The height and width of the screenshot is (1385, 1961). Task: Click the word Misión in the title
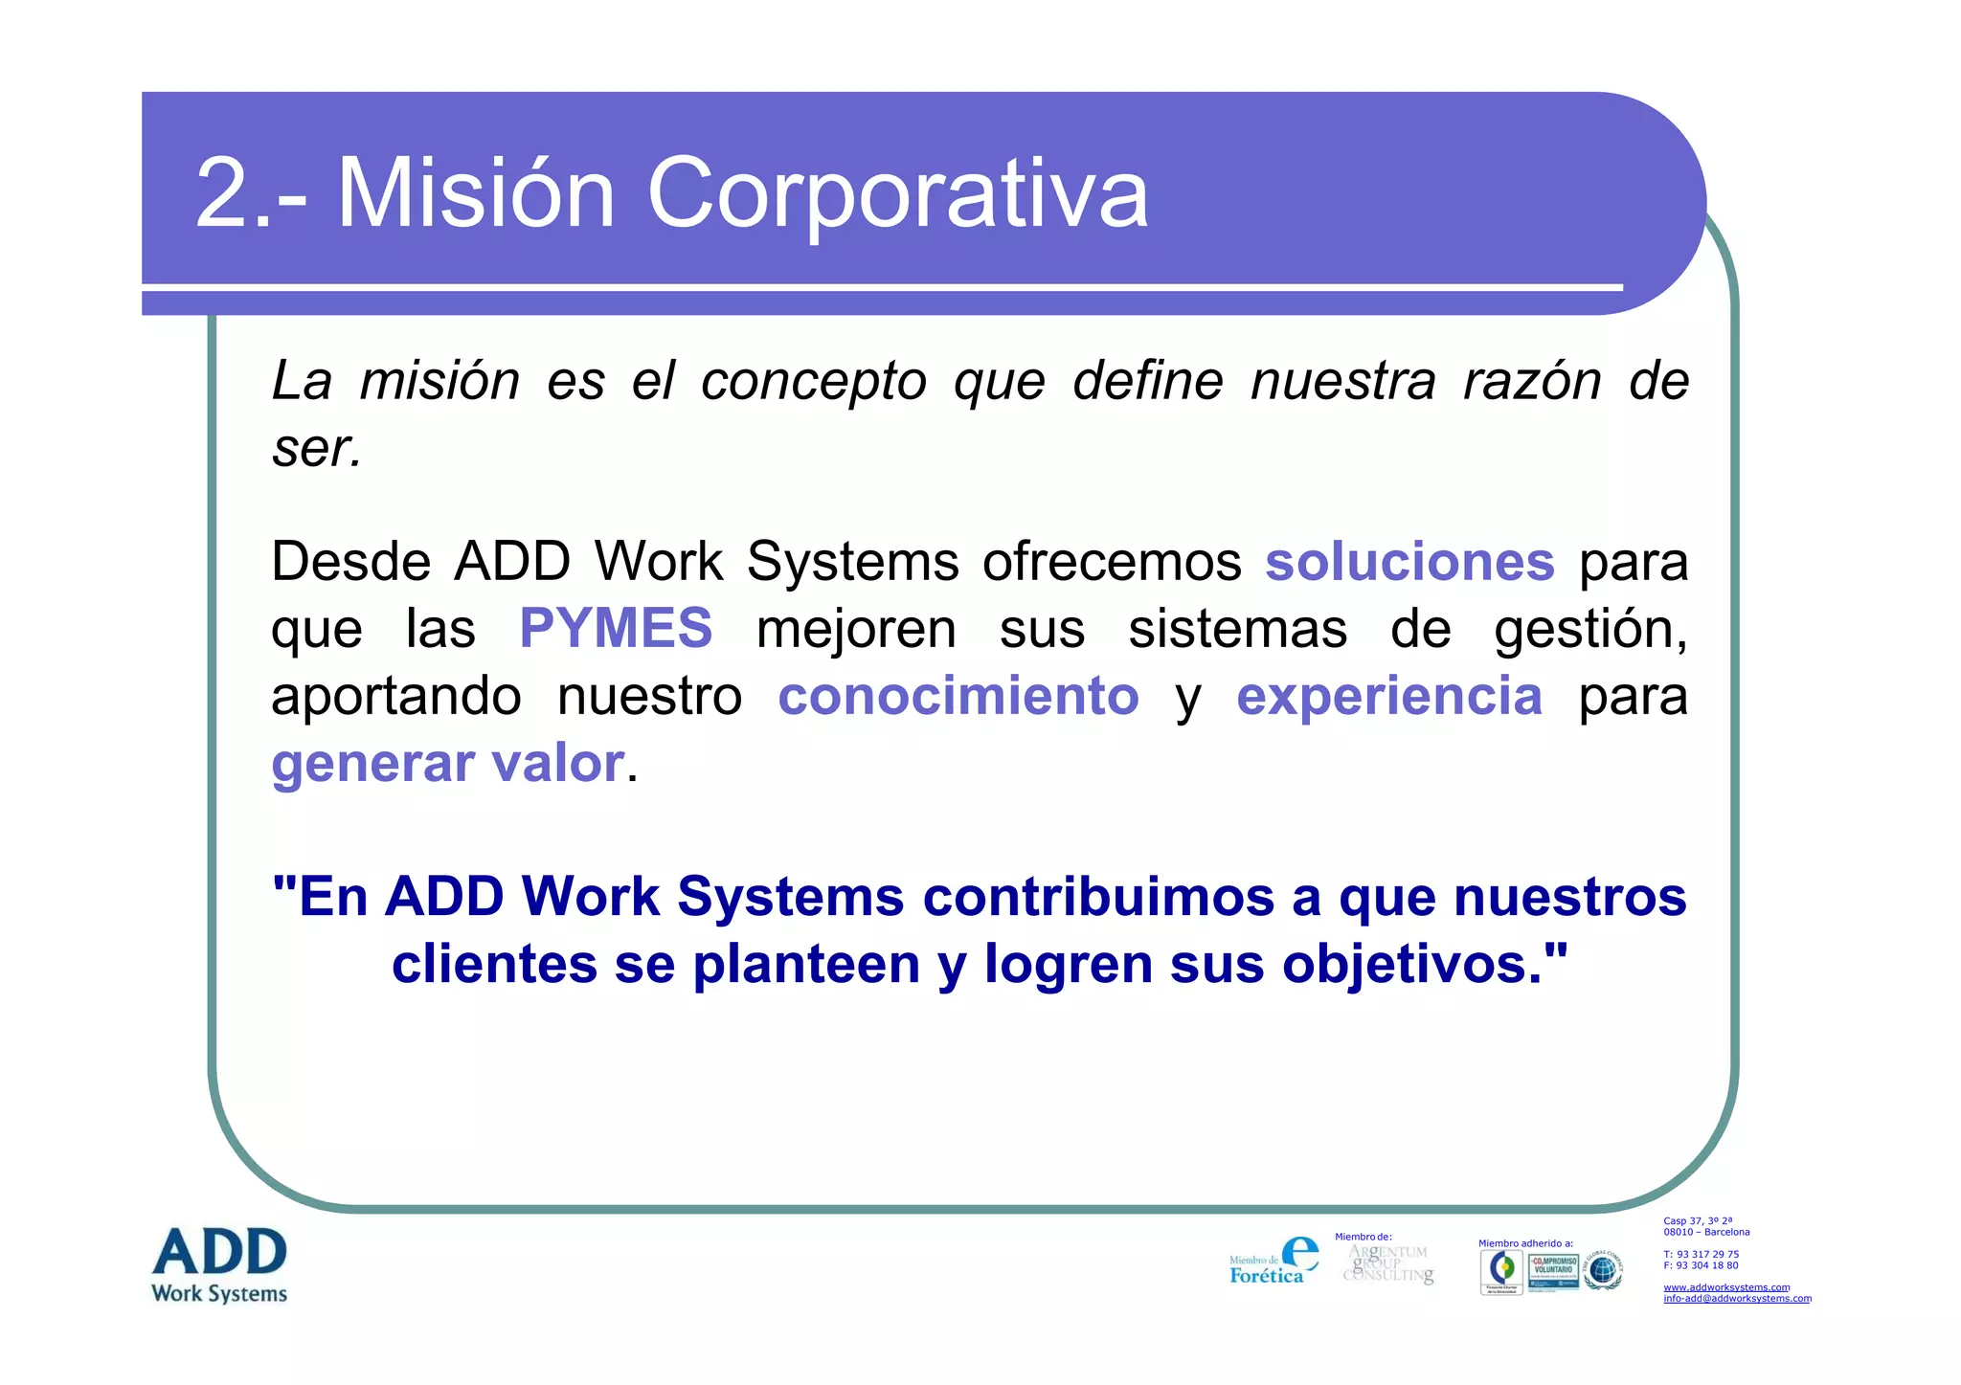(x=476, y=193)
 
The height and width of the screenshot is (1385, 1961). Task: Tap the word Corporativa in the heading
(x=897, y=193)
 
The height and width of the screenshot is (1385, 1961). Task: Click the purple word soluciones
(x=1409, y=562)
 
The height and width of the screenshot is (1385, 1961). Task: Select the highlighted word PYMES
(x=616, y=629)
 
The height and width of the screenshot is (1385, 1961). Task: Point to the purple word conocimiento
(x=958, y=696)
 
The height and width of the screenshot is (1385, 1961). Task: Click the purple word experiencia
(x=1389, y=696)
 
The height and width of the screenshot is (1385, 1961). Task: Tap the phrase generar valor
(x=448, y=764)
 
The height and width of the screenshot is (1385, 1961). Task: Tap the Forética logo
(x=1274, y=1262)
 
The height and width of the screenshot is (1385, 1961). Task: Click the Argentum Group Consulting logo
(x=1388, y=1263)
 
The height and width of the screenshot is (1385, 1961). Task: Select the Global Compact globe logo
(x=1602, y=1270)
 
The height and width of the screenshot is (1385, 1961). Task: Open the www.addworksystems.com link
(x=1726, y=1287)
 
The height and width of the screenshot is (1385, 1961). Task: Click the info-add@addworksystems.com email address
(x=1737, y=1299)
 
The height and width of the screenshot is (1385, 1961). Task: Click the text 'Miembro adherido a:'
(x=1525, y=1243)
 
